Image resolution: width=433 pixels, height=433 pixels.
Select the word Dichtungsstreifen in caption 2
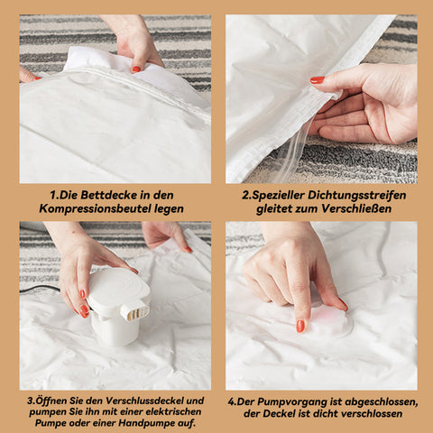[x=356, y=195]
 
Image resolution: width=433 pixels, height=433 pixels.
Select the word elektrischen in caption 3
[x=176, y=411]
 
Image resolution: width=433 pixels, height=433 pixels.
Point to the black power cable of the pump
[x=40, y=289]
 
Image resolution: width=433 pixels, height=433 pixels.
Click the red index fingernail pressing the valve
[x=300, y=326]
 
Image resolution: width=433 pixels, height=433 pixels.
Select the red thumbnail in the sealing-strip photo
[x=318, y=80]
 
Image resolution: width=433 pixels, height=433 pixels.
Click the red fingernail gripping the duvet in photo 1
[x=136, y=69]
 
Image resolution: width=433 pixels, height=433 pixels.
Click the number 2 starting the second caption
[x=246, y=196]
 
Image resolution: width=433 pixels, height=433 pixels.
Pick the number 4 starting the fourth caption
[x=231, y=402]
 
